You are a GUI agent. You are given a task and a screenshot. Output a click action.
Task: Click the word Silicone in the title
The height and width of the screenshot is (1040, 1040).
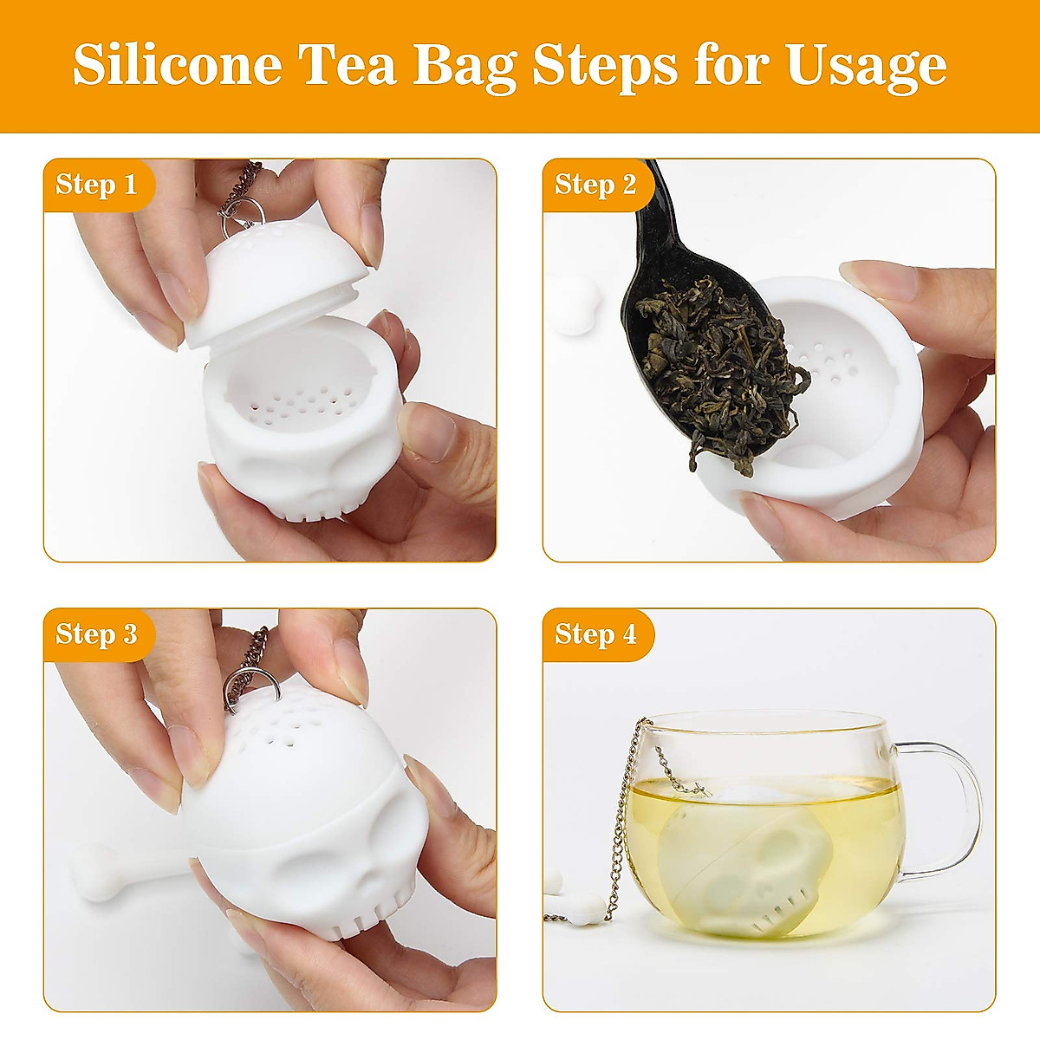pyautogui.click(x=177, y=64)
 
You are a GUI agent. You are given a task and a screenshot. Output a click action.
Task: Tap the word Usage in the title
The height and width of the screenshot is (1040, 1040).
pyautogui.click(x=866, y=64)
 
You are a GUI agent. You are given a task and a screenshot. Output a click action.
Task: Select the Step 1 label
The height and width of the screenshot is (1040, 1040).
pyautogui.click(x=96, y=184)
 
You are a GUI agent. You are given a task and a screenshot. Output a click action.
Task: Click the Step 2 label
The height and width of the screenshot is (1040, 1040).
pyautogui.click(x=595, y=184)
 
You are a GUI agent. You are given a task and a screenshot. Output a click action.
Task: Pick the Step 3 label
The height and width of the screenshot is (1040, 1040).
pyautogui.click(x=96, y=634)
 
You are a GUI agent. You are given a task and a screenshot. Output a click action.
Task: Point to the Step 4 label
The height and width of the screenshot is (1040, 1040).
pyautogui.click(x=595, y=634)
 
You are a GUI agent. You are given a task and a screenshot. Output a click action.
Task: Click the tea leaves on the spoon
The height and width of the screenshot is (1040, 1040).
pyautogui.click(x=719, y=364)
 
